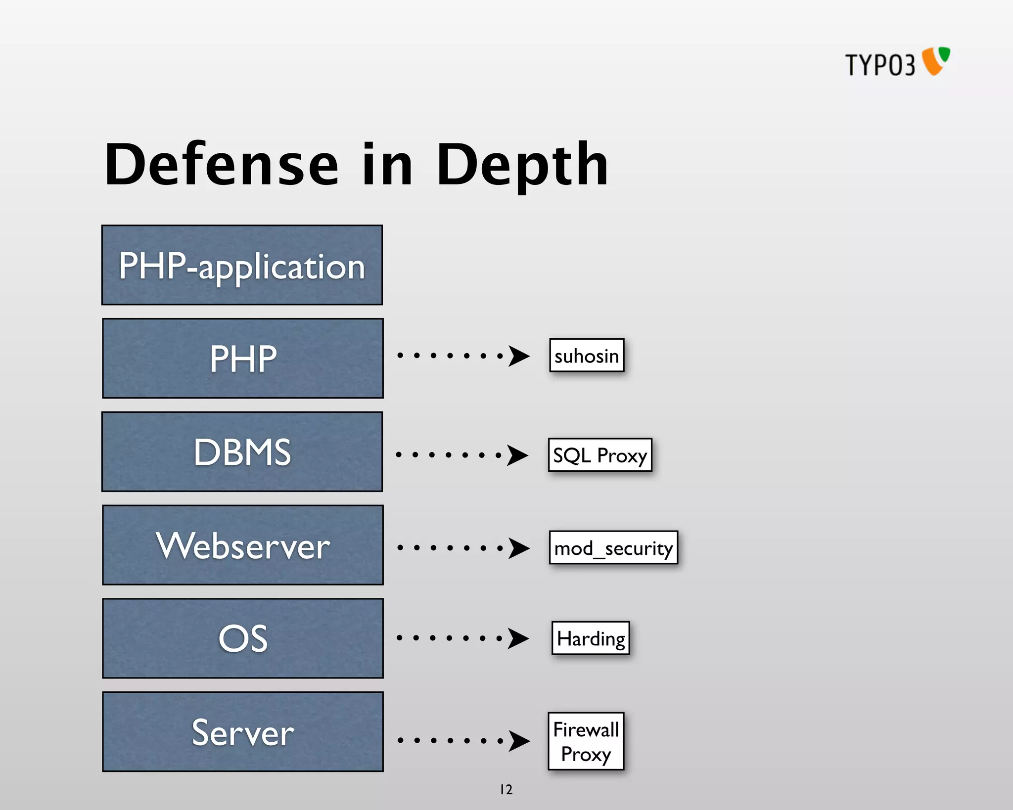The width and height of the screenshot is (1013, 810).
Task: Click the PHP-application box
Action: coord(242,265)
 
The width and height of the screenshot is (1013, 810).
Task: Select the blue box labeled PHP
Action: coord(242,358)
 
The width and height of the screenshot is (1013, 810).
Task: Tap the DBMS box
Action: coord(242,451)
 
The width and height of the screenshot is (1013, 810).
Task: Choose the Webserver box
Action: coord(242,545)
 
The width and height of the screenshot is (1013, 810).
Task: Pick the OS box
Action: coord(242,638)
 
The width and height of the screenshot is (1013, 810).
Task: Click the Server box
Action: coord(242,731)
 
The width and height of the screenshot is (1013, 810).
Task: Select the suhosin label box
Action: coord(587,356)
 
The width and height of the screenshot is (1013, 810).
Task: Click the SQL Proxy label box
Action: coord(600,455)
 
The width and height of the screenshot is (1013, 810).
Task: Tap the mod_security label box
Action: coord(613,547)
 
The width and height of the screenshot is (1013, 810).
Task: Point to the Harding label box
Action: coord(591,638)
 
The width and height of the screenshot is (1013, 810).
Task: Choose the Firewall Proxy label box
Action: coord(586,741)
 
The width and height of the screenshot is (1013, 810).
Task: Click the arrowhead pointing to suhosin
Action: coord(519,356)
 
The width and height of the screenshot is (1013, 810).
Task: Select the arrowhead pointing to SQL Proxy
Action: coord(517,455)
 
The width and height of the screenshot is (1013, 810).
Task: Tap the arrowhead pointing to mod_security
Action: coord(519,548)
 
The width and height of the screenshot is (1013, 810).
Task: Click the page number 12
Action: coord(506,789)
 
